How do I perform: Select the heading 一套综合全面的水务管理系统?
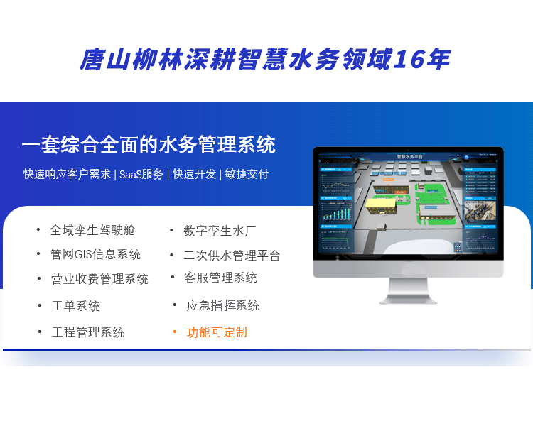[149, 145]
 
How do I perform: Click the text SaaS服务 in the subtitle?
[141, 174]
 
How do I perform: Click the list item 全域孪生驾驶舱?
[92, 230]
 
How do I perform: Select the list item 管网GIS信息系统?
[95, 254]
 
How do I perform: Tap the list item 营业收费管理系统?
[99, 279]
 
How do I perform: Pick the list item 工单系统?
[76, 306]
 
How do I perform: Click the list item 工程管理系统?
[88, 332]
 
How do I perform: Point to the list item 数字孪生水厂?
[220, 230]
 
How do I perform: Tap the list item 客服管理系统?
[220, 278]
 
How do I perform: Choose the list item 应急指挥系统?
[222, 305]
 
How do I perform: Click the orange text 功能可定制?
[217, 332]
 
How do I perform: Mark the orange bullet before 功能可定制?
[175, 331]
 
